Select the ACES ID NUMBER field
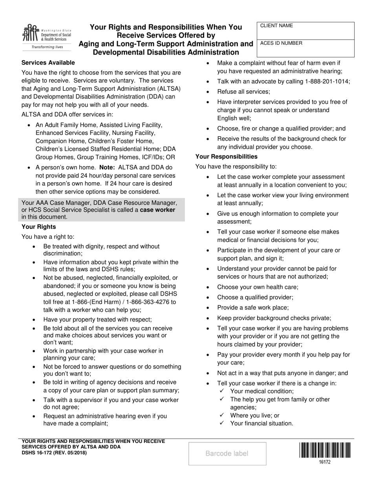(305, 48)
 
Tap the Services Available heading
(48, 62)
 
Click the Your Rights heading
(38, 227)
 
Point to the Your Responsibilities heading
(227, 156)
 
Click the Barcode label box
(227, 454)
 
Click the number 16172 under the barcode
(324, 462)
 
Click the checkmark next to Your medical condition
(222, 391)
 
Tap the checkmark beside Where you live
(222, 415)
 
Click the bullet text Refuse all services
(243, 91)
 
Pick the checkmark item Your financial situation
(261, 423)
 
